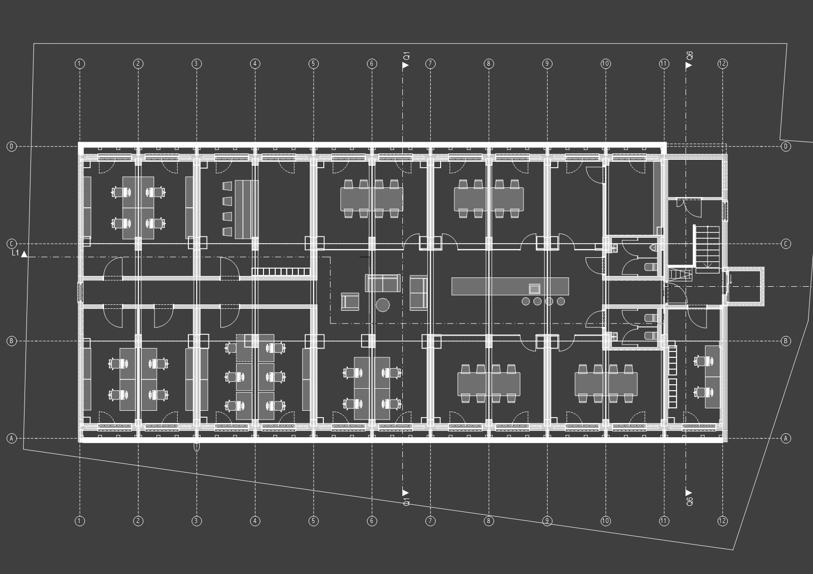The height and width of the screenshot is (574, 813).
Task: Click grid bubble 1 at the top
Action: coord(80,63)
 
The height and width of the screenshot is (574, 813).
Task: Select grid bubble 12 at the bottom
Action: coord(722,521)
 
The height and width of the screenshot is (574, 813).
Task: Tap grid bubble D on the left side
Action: coord(11,147)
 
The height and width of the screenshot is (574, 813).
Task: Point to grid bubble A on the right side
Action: coord(786,438)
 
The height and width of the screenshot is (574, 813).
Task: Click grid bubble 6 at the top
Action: coord(372,63)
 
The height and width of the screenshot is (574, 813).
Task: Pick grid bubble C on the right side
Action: coord(786,244)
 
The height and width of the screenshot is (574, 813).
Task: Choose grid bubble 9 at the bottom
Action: coord(547,521)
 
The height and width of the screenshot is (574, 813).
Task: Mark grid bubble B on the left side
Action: coord(11,341)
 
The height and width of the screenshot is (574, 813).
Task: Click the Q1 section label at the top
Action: coord(406,56)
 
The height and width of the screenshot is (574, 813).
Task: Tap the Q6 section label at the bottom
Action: coord(689,501)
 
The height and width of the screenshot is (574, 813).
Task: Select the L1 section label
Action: coord(15,253)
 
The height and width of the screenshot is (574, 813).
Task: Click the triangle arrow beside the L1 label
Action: coord(24,254)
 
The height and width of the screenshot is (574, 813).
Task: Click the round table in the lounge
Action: coord(383,305)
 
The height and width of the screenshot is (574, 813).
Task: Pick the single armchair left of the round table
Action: coord(350,301)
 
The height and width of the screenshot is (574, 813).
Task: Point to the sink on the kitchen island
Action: coord(534,288)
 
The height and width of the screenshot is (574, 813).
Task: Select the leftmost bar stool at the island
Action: coord(526,301)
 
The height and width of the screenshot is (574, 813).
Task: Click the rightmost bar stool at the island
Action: coord(561,301)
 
